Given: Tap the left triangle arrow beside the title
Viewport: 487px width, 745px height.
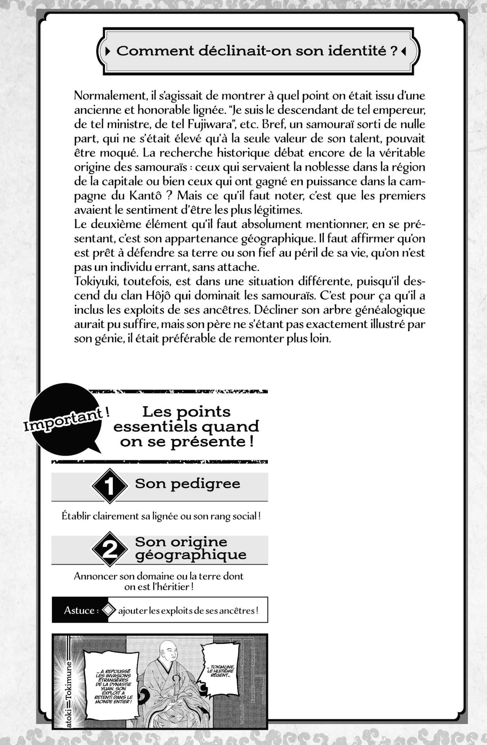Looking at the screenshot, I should pos(108,51).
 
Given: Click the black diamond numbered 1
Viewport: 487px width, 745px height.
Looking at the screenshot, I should pos(110,486).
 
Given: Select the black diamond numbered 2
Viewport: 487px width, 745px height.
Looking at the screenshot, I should pos(110,549).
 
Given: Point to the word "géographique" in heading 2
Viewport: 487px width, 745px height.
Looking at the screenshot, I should pos(191,555).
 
